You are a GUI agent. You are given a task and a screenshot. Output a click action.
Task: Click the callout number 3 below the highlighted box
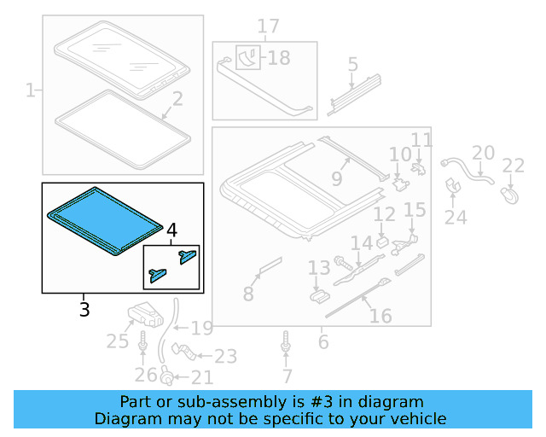pyautogui.click(x=84, y=309)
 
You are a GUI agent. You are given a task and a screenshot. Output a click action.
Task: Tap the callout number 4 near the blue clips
pyautogui.click(x=171, y=230)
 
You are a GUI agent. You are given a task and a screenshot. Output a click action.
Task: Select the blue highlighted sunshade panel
pyautogui.click(x=102, y=218)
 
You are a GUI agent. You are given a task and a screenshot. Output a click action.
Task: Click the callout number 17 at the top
pyautogui.click(x=268, y=27)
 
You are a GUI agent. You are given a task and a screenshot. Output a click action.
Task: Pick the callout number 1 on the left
pyautogui.click(x=31, y=90)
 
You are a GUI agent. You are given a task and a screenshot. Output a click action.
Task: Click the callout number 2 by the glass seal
pyautogui.click(x=177, y=100)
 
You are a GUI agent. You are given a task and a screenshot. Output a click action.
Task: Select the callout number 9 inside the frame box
pyautogui.click(x=336, y=179)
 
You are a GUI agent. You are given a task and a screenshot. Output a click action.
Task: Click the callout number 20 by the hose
pyautogui.click(x=483, y=153)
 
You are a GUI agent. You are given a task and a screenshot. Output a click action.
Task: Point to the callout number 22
pyautogui.click(x=513, y=166)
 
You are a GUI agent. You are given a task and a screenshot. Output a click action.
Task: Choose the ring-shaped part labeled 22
pyautogui.click(x=510, y=196)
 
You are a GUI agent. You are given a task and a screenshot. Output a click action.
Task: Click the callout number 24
pyautogui.click(x=456, y=218)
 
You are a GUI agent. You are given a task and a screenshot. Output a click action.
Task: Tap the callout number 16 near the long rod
pyautogui.click(x=380, y=316)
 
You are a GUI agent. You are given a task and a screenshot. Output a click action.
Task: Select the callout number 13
pyautogui.click(x=318, y=269)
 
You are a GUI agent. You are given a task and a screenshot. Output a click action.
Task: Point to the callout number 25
pyautogui.click(x=117, y=343)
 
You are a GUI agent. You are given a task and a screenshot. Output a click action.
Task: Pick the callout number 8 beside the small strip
pyautogui.click(x=248, y=294)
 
